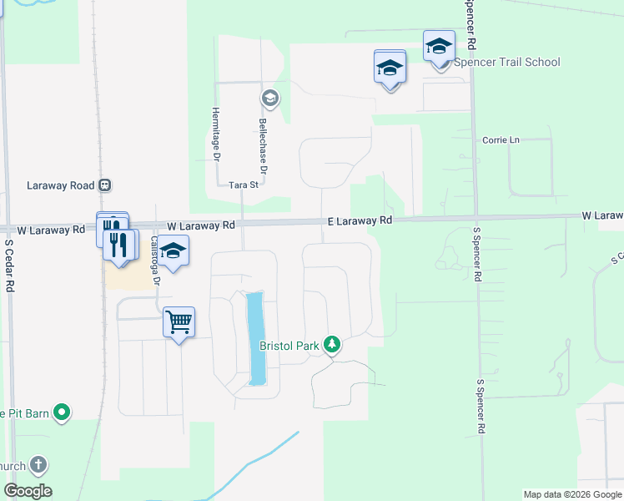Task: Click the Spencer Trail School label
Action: click(506, 63)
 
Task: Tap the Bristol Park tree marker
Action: click(332, 344)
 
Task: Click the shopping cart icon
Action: click(179, 321)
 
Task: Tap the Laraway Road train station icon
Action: click(104, 185)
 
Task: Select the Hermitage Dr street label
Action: click(215, 134)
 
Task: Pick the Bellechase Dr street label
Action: click(263, 147)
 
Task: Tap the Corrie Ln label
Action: click(501, 140)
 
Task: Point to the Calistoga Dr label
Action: click(153, 260)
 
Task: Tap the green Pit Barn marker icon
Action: click(61, 412)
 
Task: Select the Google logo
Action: click(28, 491)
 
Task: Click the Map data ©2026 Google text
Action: click(572, 494)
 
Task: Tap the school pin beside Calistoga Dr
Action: click(173, 251)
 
